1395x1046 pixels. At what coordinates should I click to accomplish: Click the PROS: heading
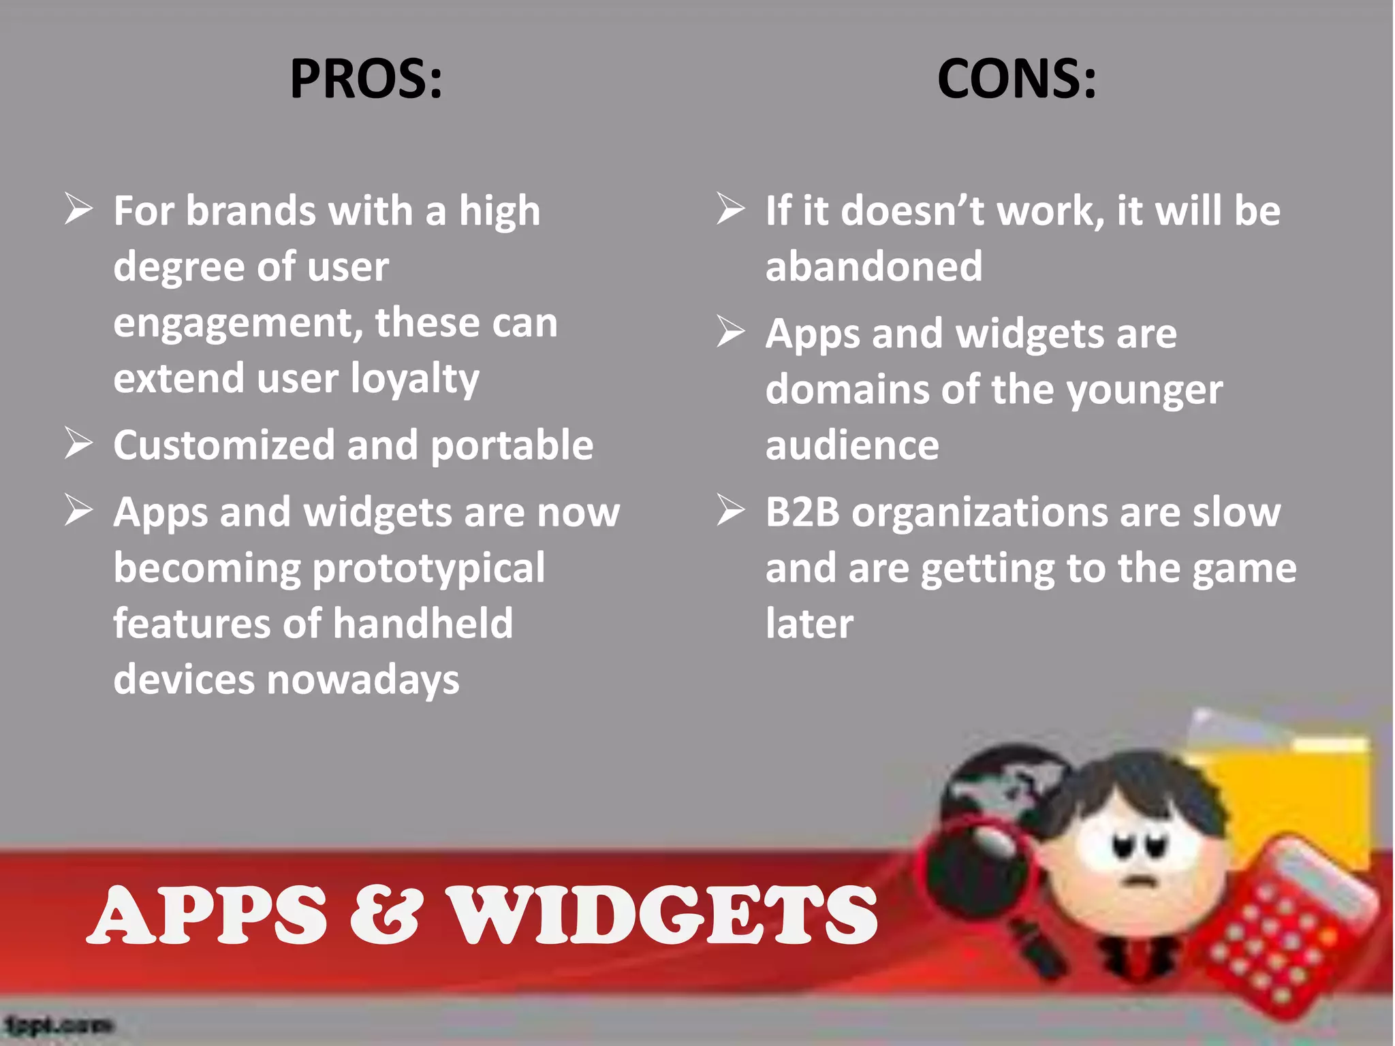[366, 79]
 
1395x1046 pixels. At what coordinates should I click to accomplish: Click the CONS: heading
[1016, 79]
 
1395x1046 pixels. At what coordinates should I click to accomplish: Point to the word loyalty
[415, 379]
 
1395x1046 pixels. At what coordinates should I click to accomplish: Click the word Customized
[223, 445]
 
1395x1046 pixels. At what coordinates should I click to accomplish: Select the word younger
[1144, 391]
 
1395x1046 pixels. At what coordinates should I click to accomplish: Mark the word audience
[852, 445]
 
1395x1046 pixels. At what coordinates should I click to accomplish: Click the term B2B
[802, 512]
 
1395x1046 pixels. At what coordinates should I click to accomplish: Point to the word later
[809, 624]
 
